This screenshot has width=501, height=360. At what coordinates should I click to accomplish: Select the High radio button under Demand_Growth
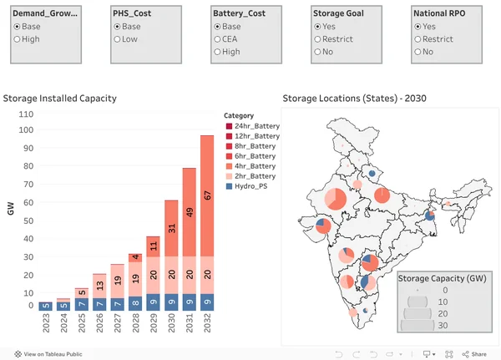17,39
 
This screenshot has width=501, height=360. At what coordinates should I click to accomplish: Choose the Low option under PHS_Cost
118,39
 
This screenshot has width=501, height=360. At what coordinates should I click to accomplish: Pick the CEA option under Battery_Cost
218,39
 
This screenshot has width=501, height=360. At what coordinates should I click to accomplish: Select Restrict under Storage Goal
318,39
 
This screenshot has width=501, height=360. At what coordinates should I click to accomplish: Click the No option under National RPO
418,52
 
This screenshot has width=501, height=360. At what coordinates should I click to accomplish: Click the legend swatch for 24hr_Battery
229,126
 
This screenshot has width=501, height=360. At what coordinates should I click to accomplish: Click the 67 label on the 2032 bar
205,195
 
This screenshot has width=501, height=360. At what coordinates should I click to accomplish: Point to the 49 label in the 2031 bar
190,212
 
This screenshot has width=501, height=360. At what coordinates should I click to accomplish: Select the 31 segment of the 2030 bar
170,228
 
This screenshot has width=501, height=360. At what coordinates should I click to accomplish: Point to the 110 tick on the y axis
25,114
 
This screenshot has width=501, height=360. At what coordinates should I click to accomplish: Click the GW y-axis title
10,208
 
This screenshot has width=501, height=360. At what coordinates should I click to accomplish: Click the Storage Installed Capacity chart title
59,98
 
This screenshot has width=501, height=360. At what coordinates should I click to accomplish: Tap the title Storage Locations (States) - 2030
355,98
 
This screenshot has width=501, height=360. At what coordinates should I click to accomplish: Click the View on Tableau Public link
52,354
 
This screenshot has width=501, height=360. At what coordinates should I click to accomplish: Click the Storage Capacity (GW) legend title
441,278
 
